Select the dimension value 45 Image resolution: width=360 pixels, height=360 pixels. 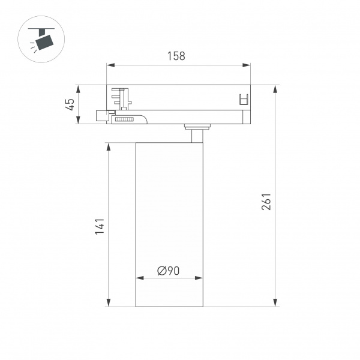point(70,104)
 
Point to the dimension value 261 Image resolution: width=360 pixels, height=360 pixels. point(267,202)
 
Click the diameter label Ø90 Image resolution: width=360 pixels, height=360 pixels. point(169,271)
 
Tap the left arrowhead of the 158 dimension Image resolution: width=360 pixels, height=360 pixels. point(110,65)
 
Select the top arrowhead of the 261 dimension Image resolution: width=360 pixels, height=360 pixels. point(275,89)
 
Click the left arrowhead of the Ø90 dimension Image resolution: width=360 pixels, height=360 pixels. point(140,278)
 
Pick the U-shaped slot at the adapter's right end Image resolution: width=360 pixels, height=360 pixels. point(244,100)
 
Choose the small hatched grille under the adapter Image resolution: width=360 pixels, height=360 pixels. point(124,120)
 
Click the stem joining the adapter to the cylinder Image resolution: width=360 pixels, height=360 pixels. point(196,134)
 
